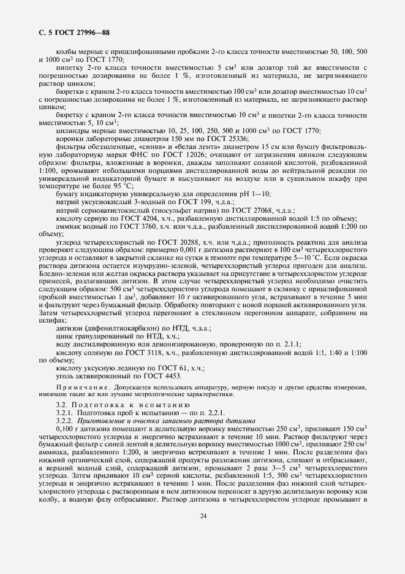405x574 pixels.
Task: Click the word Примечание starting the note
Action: pyautogui.click(x=77, y=389)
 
